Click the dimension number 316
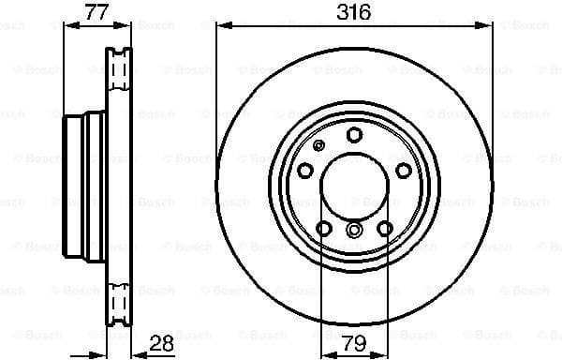pyautogui.click(x=354, y=13)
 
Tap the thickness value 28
pyautogui.click(x=162, y=343)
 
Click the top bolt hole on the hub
pyautogui.click(x=354, y=135)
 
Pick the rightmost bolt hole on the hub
pyautogui.click(x=404, y=170)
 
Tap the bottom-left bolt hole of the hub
pyautogui.click(x=323, y=229)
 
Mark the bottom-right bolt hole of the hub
pyautogui.click(x=385, y=229)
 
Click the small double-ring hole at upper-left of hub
pyautogui.click(x=318, y=145)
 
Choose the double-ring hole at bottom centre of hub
pyautogui.click(x=354, y=230)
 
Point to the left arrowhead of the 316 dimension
pyautogui.click(x=221, y=26)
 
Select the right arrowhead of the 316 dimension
pyautogui.click(x=487, y=26)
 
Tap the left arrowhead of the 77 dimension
pyautogui.click(x=67, y=26)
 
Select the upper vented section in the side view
pyautogui.click(x=118, y=71)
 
